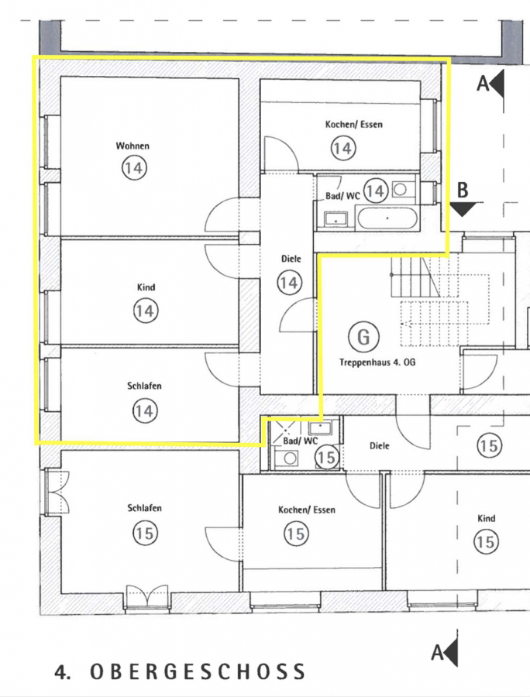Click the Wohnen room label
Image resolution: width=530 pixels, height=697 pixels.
pyautogui.click(x=132, y=146)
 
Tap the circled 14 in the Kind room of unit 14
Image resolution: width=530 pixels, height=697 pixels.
pyautogui.click(x=146, y=311)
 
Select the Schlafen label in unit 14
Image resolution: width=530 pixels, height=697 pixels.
pyautogui.click(x=144, y=386)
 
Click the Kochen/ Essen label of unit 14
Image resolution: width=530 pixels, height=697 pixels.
pyautogui.click(x=354, y=124)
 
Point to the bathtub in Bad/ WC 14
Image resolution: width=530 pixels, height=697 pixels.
pyautogui.click(x=387, y=218)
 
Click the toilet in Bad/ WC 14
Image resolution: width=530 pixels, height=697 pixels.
pyautogui.click(x=400, y=190)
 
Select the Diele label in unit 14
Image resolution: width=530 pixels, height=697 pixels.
pyautogui.click(x=291, y=258)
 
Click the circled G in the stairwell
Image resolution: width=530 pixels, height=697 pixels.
pyautogui.click(x=363, y=336)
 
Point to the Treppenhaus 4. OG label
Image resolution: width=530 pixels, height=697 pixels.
pyautogui.click(x=377, y=362)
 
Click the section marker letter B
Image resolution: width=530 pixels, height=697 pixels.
pyautogui.click(x=463, y=190)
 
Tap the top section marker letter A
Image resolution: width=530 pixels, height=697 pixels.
pyautogui.click(x=484, y=83)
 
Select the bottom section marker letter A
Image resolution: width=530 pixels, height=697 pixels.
pyautogui.click(x=438, y=653)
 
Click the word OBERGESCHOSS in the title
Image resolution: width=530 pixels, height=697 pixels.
pyautogui.click(x=198, y=671)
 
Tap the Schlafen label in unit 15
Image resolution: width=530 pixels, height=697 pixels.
pyautogui.click(x=144, y=507)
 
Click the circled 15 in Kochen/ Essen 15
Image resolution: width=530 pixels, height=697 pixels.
pyautogui.click(x=296, y=534)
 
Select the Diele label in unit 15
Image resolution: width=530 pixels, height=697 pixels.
pyautogui.click(x=379, y=445)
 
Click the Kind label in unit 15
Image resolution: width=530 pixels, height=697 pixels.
pyautogui.click(x=487, y=518)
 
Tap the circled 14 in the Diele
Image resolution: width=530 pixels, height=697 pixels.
pyautogui.click(x=290, y=283)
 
